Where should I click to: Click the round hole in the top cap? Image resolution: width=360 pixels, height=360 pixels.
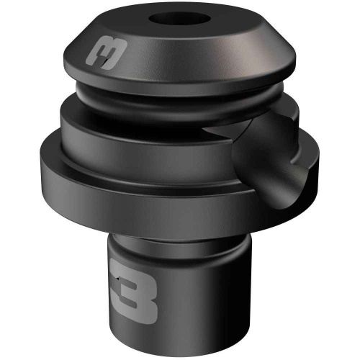(x=179, y=19)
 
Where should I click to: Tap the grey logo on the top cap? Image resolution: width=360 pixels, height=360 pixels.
(x=106, y=53)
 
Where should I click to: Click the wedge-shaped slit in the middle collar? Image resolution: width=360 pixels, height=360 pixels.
(x=223, y=132)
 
